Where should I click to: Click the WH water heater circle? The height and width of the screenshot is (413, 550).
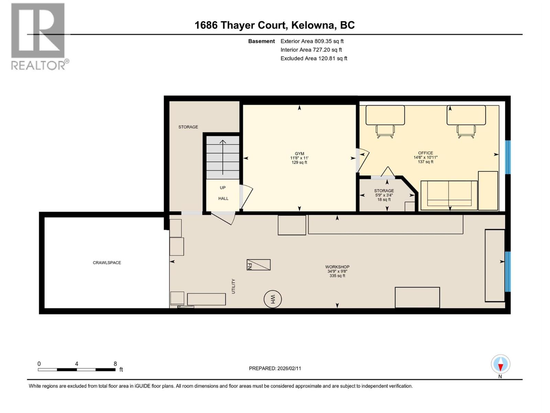click(273, 299)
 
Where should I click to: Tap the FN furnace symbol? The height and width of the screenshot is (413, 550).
click(258, 265)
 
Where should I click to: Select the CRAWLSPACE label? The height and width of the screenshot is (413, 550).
click(107, 263)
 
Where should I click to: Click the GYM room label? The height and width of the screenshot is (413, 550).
click(299, 154)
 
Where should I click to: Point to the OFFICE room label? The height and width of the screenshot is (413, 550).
click(425, 153)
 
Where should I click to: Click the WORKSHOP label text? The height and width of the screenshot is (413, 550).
click(337, 267)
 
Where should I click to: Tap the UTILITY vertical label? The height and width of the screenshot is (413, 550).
click(233, 286)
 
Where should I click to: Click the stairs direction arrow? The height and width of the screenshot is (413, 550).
click(223, 157)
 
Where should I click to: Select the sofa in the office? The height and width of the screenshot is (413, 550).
click(449, 195)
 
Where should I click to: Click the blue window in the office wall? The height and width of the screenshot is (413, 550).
click(508, 157)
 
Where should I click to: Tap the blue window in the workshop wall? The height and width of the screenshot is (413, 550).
click(508, 272)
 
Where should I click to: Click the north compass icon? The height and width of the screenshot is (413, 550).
click(500, 364)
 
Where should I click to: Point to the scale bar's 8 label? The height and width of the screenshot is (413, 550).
click(115, 364)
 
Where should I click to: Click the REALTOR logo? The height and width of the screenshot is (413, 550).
click(38, 36)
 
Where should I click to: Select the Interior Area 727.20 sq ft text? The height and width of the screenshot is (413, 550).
click(311, 50)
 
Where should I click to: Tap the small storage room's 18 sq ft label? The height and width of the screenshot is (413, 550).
click(384, 200)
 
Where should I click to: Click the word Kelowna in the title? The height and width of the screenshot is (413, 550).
click(313, 25)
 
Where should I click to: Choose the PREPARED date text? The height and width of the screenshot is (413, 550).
click(275, 368)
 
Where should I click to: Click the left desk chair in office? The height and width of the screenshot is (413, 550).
click(385, 131)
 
